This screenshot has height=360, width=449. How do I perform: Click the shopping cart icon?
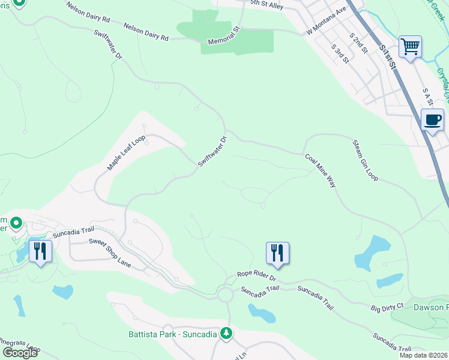410,46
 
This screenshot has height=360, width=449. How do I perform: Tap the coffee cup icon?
432,120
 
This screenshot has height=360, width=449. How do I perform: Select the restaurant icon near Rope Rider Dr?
277,252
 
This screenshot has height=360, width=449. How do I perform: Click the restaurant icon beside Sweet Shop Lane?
40,250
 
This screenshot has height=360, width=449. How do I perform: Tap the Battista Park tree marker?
226,332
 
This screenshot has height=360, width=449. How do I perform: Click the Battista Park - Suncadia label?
172,334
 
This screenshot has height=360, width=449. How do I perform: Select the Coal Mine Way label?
320,172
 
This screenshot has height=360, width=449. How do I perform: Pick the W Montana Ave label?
327,20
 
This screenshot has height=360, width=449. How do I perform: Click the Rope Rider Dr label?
256,276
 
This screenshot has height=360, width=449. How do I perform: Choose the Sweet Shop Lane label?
110,253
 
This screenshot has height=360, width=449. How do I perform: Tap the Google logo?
19,353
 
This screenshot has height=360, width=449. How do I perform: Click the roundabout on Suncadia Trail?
226,295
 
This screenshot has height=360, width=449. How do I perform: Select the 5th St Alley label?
267,4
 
